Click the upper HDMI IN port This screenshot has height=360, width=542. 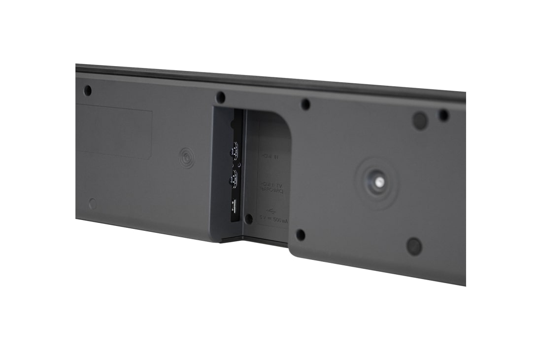click(x=234, y=149)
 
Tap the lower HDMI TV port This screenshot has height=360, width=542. click(x=233, y=180)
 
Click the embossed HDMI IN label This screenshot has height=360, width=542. click(x=270, y=157)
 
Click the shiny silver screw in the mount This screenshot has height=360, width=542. click(x=378, y=181)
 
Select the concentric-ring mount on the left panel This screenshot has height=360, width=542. click(x=186, y=158)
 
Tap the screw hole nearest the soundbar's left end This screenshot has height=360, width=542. click(x=88, y=91)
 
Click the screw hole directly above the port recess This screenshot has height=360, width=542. click(x=221, y=97)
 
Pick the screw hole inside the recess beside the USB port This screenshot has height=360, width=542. click(x=249, y=218)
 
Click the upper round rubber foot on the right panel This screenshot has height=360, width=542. click(x=420, y=120)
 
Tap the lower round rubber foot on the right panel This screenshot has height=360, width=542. click(x=414, y=246)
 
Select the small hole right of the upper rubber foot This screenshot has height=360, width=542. click(x=444, y=115)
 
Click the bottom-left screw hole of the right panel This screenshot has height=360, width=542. click(x=300, y=235)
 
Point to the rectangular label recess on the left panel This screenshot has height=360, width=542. click(x=114, y=133)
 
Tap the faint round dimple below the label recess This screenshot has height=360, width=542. click(x=93, y=203)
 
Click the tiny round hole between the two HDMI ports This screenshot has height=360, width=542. click(x=239, y=165)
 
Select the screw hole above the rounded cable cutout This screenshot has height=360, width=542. click(x=305, y=105)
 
